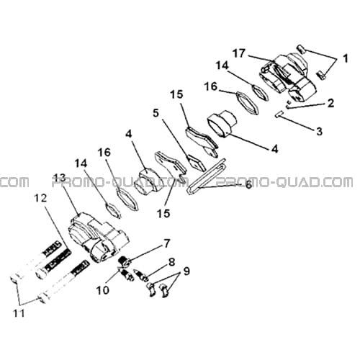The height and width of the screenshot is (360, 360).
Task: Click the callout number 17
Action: [x=239, y=53]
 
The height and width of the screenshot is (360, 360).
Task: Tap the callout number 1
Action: [x=345, y=58]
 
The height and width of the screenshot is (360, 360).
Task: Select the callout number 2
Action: [x=330, y=103]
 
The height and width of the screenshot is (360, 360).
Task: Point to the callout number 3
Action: [x=319, y=131]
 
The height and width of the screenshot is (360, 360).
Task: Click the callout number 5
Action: [x=156, y=113]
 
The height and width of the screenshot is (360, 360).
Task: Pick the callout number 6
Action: [x=248, y=185]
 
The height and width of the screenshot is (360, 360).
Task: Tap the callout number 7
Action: [x=166, y=243]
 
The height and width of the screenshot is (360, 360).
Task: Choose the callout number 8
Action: [x=171, y=262]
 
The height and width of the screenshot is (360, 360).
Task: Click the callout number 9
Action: [x=186, y=271]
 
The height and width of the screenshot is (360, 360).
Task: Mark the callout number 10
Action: [x=103, y=290]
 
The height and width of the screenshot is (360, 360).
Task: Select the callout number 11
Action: [x=19, y=313]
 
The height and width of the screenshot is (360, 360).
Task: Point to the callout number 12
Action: [x=40, y=198]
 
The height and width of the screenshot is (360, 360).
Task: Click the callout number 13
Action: [x=59, y=178]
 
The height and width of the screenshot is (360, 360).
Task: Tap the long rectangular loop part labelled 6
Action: [x=206, y=176]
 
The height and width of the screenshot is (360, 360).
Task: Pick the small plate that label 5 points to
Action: [x=196, y=163]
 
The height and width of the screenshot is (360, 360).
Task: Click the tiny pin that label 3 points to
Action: [x=279, y=114]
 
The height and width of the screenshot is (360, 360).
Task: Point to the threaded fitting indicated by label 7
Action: [x=124, y=261]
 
